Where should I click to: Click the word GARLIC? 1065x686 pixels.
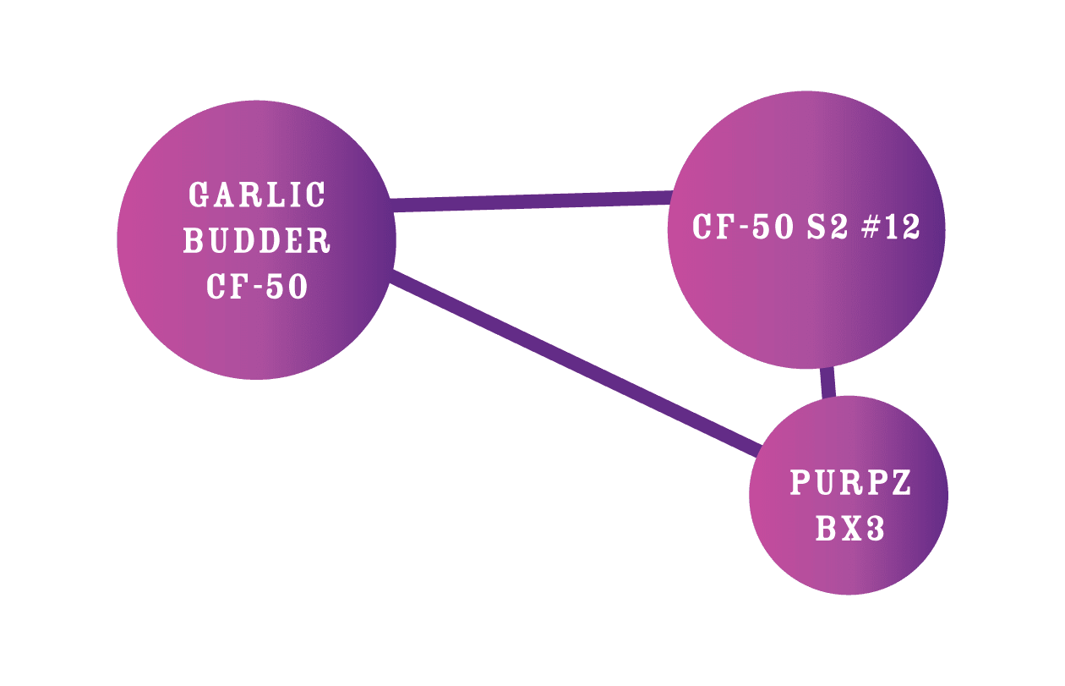257,195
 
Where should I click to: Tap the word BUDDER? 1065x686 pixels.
257,241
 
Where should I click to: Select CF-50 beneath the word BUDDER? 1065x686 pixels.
257,287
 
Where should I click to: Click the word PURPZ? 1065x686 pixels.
850,484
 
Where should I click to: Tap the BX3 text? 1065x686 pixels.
850,530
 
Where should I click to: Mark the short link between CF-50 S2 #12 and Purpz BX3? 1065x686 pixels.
828,383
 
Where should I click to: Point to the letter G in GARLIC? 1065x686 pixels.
199,195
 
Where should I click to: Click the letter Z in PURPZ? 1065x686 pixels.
901,484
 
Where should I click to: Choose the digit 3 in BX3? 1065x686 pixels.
875,530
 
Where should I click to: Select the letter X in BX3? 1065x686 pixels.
850,530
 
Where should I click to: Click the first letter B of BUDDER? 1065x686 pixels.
194,241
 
